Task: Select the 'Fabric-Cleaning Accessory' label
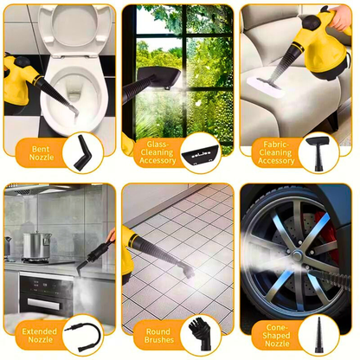coord(276,154)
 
